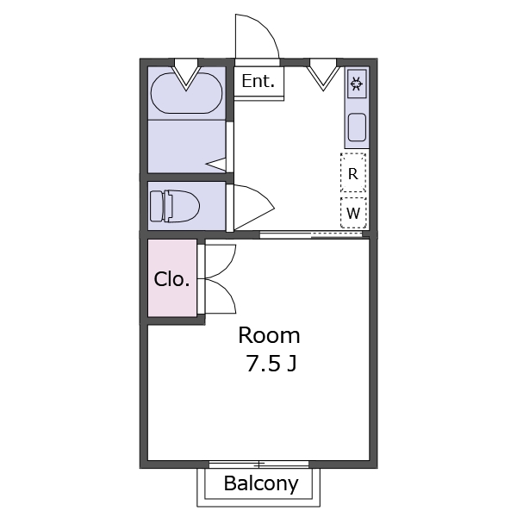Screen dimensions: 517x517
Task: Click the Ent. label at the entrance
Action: click(258, 82)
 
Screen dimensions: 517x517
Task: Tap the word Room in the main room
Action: click(269, 334)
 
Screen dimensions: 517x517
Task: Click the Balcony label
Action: click(261, 483)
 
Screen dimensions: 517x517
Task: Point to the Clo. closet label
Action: click(172, 279)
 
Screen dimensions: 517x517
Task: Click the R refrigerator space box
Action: click(353, 173)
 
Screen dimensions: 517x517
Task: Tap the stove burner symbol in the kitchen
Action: click(357, 84)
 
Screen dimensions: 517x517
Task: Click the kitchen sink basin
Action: click(357, 129)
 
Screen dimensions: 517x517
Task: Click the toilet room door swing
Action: click(252, 207)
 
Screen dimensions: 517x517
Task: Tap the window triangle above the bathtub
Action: click(187, 74)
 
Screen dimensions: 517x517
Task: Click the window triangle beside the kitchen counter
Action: click(324, 74)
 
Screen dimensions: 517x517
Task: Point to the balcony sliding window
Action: click(258, 464)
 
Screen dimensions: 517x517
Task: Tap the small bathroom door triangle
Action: click(218, 163)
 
